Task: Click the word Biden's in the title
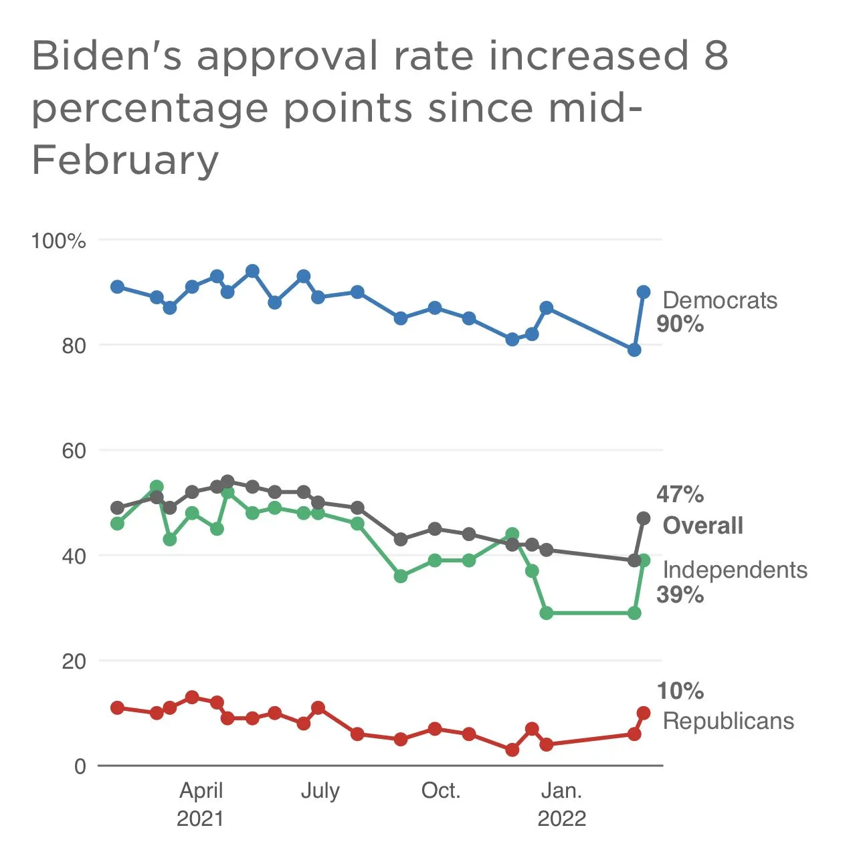tap(107, 56)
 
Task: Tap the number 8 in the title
tap(715, 56)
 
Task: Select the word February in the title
tap(125, 160)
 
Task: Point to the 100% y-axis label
tap(59, 241)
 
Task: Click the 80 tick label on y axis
tap(74, 346)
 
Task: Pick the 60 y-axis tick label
tap(74, 451)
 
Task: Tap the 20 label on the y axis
tap(74, 661)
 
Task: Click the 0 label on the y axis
tap(80, 766)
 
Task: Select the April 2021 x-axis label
tap(201, 804)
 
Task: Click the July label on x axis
tap(320, 791)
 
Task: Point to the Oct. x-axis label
tap(441, 791)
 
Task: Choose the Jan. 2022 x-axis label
tap(562, 804)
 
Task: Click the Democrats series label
tap(720, 300)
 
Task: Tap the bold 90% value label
tap(680, 324)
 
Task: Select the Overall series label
tap(702, 526)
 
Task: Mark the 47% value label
tap(680, 495)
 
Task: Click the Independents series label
tap(735, 570)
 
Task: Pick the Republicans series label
tap(728, 721)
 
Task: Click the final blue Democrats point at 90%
tap(644, 292)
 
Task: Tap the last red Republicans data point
tap(644, 713)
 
